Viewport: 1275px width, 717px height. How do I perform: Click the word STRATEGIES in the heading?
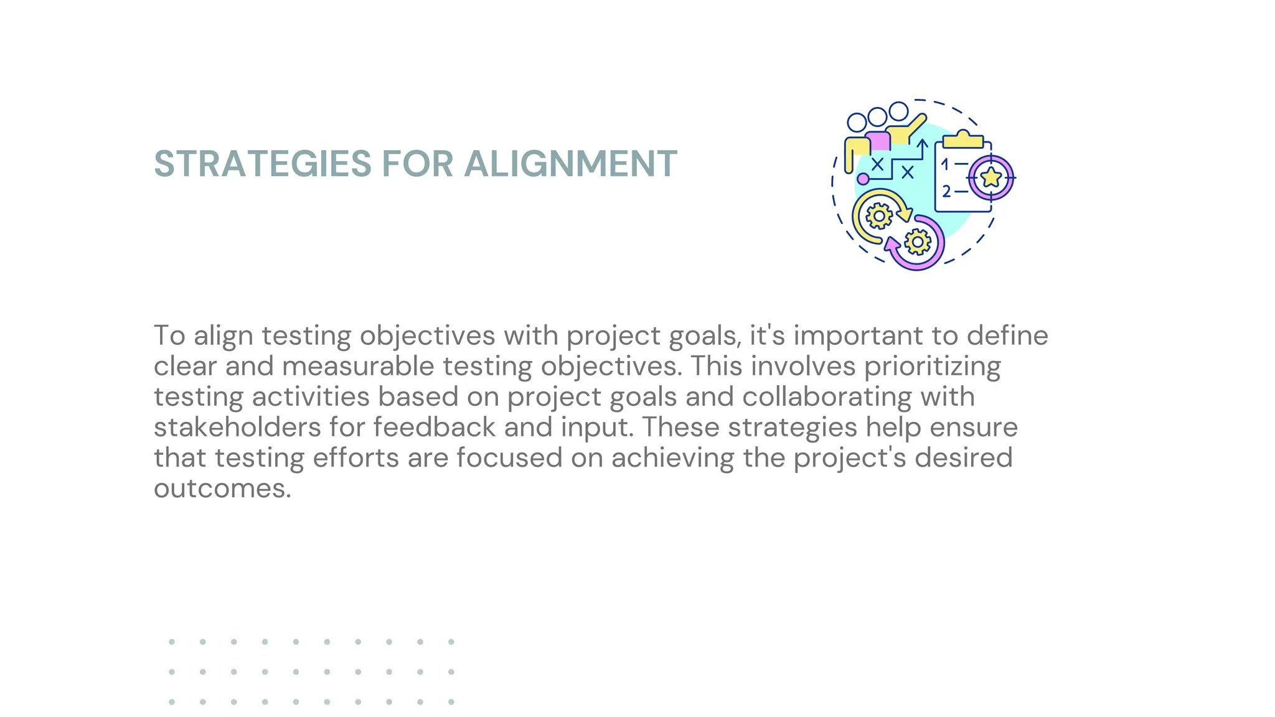(262, 164)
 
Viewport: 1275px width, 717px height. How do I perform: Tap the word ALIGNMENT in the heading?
(570, 164)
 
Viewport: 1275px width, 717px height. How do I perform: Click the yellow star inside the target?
(990, 178)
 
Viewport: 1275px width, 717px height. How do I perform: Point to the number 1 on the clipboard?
(945, 165)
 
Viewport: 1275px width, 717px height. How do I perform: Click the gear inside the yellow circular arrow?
(878, 216)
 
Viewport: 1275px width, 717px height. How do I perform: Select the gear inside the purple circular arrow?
(918, 241)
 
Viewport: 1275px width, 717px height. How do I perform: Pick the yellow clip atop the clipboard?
(963, 139)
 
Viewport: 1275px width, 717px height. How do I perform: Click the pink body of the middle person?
(878, 141)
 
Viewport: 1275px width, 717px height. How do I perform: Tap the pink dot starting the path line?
(863, 179)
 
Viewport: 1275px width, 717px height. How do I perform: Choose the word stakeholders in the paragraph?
(237, 427)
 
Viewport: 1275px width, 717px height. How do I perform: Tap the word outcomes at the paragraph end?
(222, 488)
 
